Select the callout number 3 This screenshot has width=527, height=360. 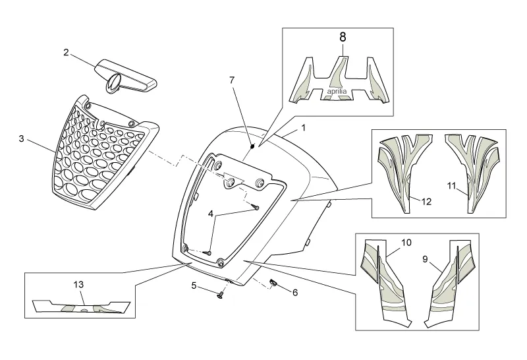click(21, 139)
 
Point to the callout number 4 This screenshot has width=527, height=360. click(211, 214)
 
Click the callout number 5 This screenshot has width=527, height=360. click(194, 286)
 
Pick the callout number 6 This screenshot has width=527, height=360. click(295, 291)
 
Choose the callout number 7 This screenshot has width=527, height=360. click(231, 80)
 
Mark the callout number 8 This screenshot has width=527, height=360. click(342, 38)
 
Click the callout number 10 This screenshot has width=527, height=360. click(406, 243)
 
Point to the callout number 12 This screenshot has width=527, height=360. click(426, 202)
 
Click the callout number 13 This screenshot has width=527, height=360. click(78, 284)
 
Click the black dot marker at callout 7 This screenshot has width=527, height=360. click(252, 143)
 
